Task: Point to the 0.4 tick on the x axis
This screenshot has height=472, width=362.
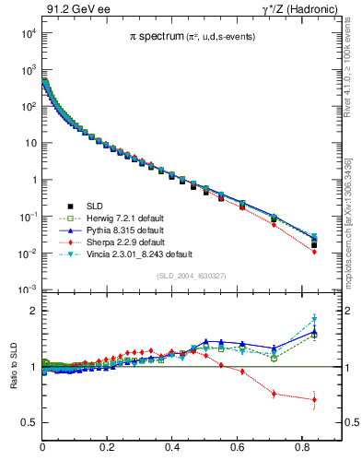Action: pyautogui.click(x=173, y=447)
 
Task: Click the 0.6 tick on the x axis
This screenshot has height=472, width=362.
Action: pyautogui.click(x=238, y=447)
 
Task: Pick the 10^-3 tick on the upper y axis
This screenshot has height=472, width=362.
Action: pyautogui.click(x=28, y=289)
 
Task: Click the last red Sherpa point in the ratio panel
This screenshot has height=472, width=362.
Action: pyautogui.click(x=314, y=399)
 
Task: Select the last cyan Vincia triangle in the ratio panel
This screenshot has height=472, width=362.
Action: pyautogui.click(x=314, y=320)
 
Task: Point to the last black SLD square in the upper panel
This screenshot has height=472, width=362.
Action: pyautogui.click(x=314, y=244)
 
